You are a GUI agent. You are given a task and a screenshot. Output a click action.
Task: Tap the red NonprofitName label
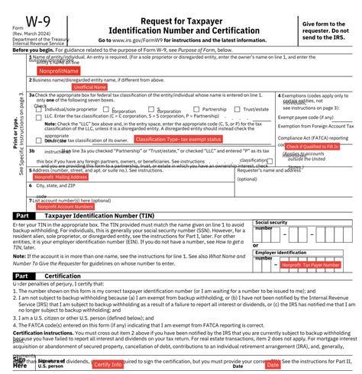click(x=60, y=71)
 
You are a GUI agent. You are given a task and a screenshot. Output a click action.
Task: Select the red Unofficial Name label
click(x=89, y=87)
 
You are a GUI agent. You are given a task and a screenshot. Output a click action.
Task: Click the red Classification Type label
click(x=178, y=140)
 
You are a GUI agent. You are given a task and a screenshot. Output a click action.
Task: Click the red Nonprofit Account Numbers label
click(x=66, y=206)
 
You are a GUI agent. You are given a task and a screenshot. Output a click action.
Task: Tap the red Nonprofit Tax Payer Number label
click(x=310, y=265)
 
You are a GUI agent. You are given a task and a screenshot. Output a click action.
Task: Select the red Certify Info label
click(x=108, y=364)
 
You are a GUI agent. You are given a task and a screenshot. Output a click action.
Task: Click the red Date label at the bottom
click(x=273, y=365)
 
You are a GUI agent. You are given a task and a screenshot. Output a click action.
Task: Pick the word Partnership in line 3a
click(x=215, y=109)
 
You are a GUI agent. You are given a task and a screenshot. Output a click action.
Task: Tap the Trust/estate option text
click(x=256, y=109)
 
